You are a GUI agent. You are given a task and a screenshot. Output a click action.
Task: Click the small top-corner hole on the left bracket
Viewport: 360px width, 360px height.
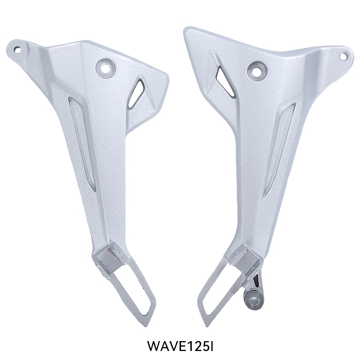pyautogui.click(x=17, y=49)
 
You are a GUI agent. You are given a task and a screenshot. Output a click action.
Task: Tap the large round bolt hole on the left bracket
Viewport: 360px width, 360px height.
pyautogui.click(x=106, y=67)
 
